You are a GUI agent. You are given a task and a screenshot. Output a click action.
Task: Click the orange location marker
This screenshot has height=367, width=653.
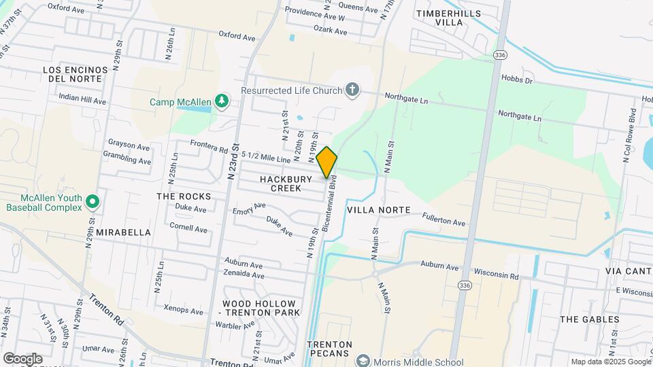coord(326,162)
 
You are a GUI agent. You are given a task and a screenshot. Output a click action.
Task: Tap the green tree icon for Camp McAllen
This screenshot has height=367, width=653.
coord(221,102)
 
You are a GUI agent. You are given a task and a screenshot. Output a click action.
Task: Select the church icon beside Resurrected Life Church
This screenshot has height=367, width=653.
coord(352,90)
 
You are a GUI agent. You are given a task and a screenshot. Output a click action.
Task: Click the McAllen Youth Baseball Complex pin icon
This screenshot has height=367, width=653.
coord(94,202)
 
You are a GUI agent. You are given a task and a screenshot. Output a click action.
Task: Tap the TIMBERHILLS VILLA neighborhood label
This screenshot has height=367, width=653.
coord(448,18)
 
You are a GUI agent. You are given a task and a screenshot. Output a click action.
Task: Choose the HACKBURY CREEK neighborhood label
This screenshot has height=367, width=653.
coord(286,183)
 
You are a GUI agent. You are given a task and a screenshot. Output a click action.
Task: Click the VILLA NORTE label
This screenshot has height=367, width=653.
coord(379,210)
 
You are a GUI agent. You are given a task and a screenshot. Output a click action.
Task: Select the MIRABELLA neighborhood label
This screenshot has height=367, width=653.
coord(123,232)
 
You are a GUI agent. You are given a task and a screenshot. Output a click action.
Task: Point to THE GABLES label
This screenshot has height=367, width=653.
coord(589,319)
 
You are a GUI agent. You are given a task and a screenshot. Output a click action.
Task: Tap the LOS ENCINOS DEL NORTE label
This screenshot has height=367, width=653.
coord(76,74)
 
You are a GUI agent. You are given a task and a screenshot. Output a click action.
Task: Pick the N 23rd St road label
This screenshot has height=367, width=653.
coord(233,161)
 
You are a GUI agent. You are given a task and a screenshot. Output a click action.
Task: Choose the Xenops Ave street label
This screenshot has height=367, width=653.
coord(184,311)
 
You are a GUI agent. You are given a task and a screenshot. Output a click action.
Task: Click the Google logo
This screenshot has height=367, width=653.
coord(22,358)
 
